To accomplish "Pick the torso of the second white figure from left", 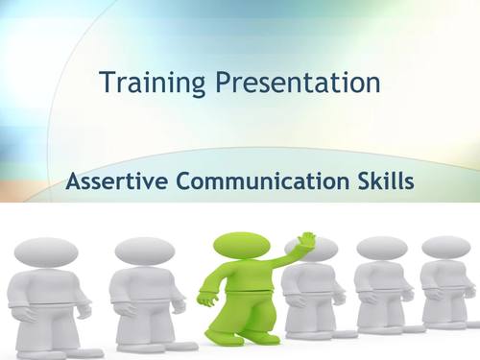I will (x=144, y=296).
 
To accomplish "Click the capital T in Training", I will (x=107, y=84).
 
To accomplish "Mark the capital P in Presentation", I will (x=224, y=84).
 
